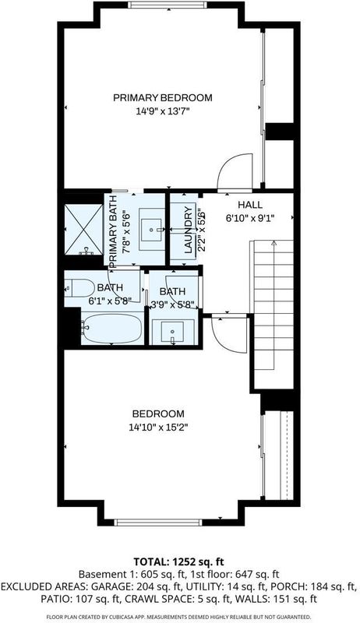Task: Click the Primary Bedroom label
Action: click(163, 98)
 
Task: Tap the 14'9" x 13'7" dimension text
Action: click(162, 111)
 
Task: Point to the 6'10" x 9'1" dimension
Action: click(250, 218)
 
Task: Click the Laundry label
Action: click(188, 231)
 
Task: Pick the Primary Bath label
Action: click(112, 231)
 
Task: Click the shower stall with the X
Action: click(84, 230)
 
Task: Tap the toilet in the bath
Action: click(79, 288)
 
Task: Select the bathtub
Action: click(112, 328)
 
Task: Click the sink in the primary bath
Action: click(150, 229)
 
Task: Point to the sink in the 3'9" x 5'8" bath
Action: click(172, 332)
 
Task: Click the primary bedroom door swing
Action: click(235, 170)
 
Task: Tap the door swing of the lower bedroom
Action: click(229, 335)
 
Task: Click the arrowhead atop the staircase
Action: click(274, 243)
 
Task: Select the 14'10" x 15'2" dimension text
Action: click(158, 428)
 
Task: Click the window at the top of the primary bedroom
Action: click(168, 5)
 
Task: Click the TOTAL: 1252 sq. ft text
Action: click(178, 561)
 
